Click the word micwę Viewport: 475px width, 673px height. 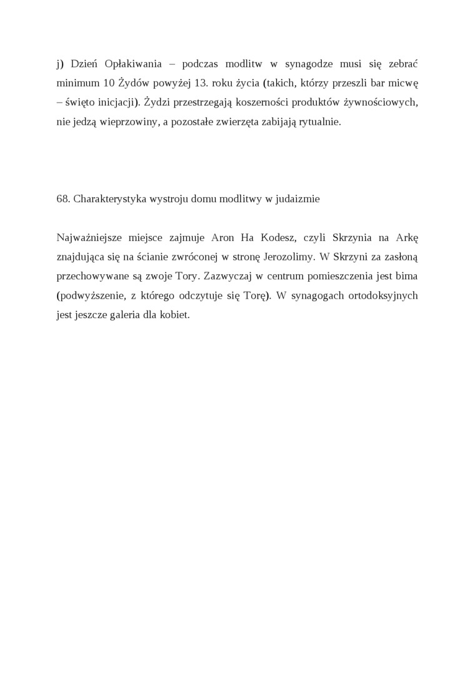coord(402,83)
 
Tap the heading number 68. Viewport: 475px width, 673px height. coord(62,199)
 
